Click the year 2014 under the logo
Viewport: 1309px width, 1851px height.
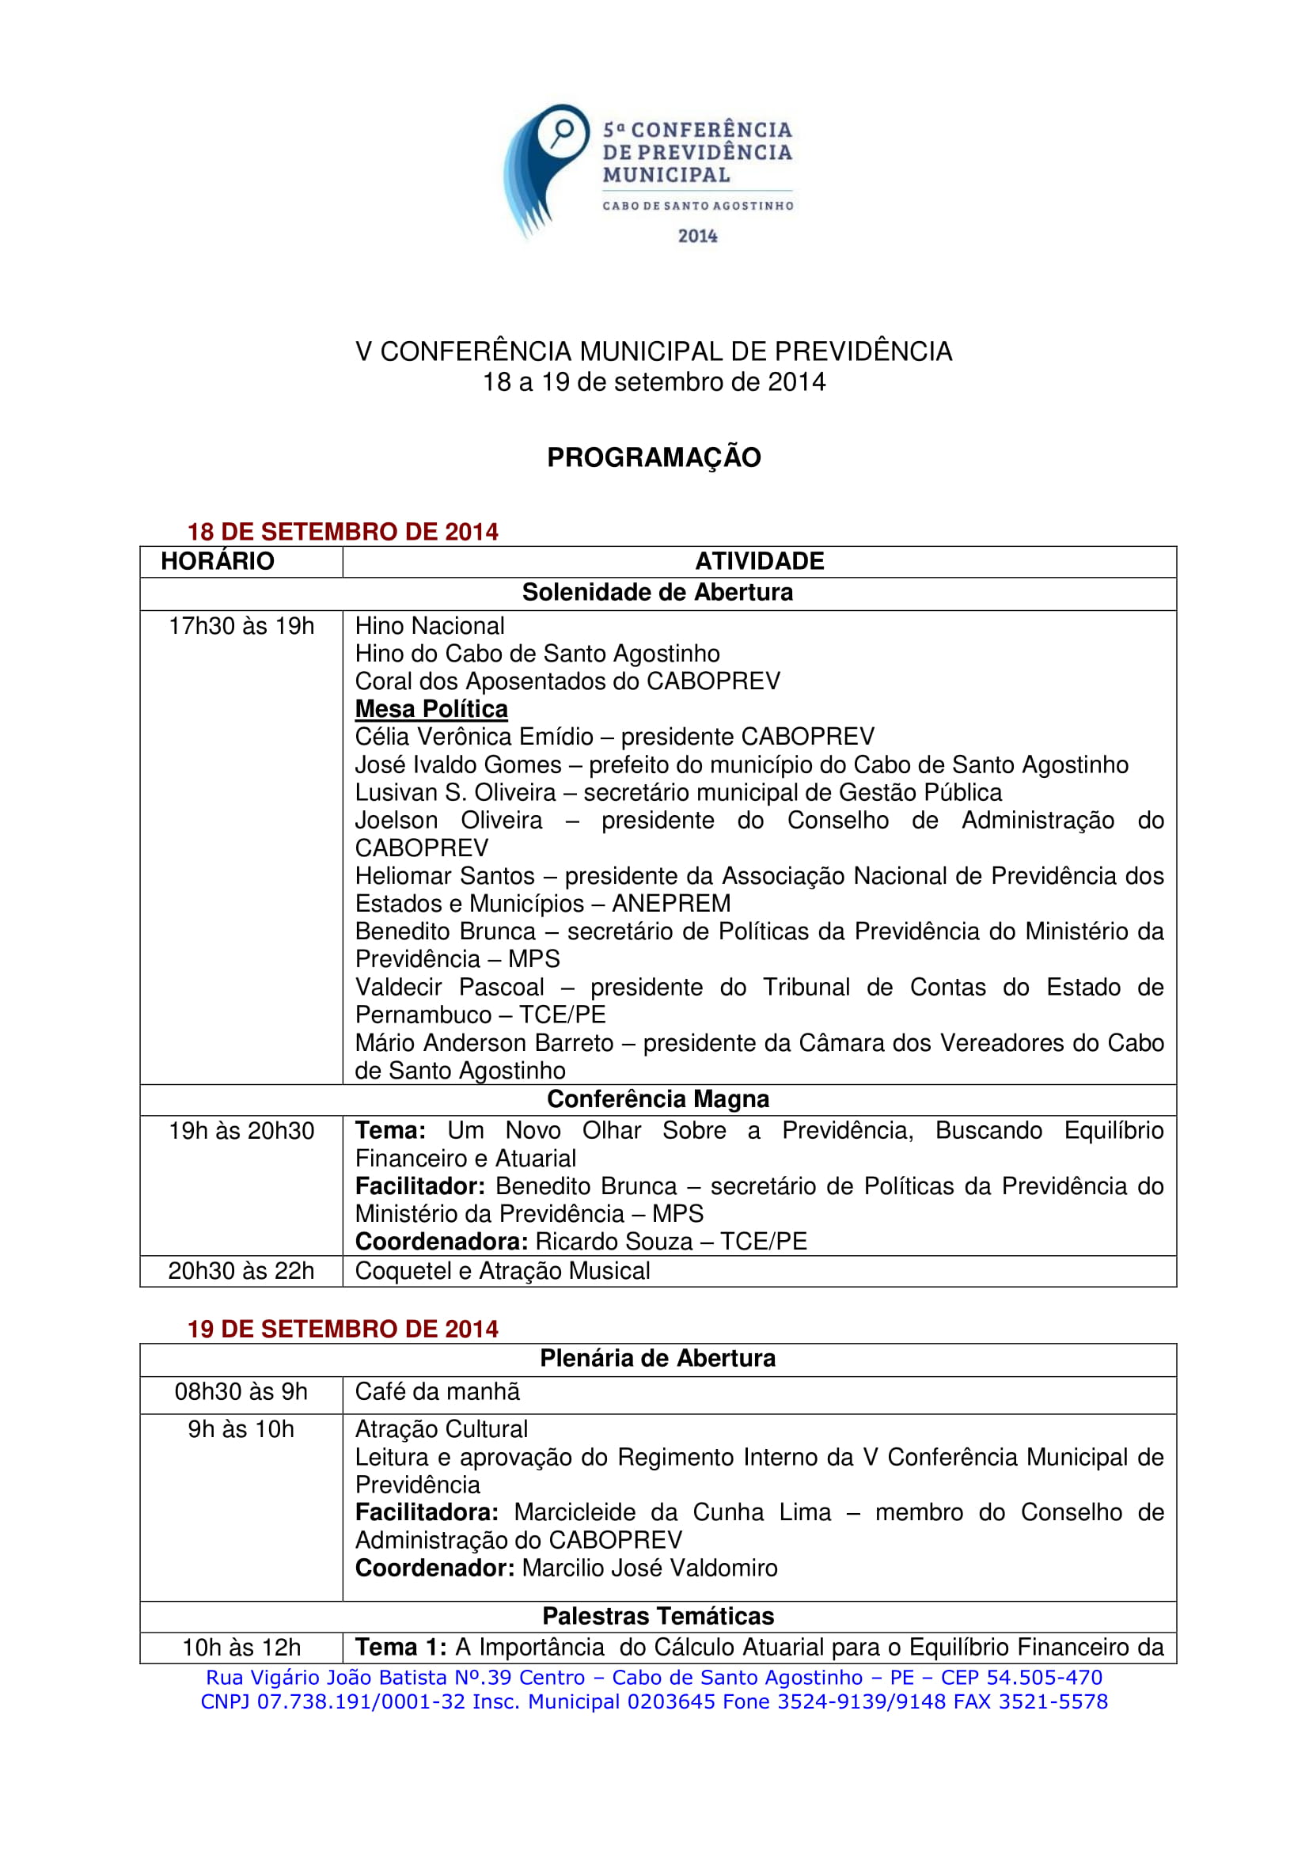point(697,236)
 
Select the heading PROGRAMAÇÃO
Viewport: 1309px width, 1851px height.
point(654,457)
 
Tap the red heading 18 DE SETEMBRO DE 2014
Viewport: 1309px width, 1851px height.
point(343,532)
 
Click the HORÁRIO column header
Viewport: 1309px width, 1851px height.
point(218,561)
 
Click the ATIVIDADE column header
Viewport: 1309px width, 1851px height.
point(759,561)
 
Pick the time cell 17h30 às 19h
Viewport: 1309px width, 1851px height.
point(241,627)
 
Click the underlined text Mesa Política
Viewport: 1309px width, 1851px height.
point(431,709)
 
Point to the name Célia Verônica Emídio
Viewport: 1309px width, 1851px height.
point(474,737)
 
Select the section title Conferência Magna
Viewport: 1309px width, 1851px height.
point(658,1099)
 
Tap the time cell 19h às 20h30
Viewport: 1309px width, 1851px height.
point(241,1131)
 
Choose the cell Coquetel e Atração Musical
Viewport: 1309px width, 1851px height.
point(503,1272)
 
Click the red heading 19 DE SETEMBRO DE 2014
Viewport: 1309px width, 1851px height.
point(343,1329)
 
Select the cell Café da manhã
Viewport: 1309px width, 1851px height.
point(437,1392)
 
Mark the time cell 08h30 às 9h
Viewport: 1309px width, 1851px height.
point(241,1392)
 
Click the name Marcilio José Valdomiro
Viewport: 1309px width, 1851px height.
point(650,1568)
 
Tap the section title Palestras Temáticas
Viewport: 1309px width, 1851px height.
point(658,1617)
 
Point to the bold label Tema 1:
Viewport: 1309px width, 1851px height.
point(400,1647)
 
